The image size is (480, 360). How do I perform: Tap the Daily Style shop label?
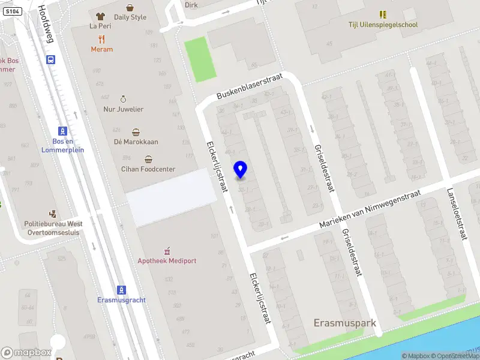point(130,17)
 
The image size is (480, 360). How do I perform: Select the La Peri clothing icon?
point(100,16)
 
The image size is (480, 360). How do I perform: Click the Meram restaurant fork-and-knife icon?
point(101,39)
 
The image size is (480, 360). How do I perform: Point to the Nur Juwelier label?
point(123,109)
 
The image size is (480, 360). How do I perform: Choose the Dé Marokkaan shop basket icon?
point(136,132)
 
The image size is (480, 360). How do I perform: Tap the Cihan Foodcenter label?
point(148,169)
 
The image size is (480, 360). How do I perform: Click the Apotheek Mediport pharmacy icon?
point(167,251)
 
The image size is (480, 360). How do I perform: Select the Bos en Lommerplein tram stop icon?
point(62,131)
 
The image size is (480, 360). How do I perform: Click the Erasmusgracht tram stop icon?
point(121,290)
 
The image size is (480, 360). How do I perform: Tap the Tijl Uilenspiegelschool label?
point(383,25)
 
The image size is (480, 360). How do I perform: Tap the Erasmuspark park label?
point(344,323)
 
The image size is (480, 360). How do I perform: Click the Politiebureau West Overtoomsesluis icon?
point(52,214)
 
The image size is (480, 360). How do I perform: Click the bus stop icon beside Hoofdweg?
point(51,59)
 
